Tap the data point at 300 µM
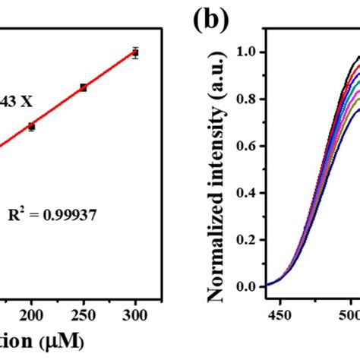[x=135, y=52]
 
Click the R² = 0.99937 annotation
[x=63, y=215]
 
